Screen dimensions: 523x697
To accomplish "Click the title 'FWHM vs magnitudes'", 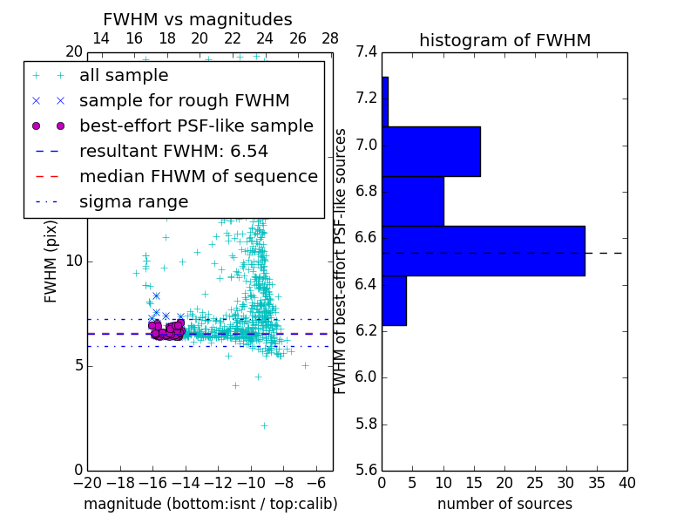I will (198, 19).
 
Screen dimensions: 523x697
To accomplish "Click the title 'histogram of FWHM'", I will (504, 40).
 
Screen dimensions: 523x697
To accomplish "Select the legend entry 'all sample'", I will (124, 76).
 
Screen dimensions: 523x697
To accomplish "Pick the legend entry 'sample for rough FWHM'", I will (184, 101).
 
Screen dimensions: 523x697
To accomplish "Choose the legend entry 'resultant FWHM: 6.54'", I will (173, 151).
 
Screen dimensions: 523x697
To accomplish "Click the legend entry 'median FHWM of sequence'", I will (198, 176).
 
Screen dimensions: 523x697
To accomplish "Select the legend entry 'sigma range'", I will (133, 201).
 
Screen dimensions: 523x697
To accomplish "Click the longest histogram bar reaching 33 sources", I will (483, 251).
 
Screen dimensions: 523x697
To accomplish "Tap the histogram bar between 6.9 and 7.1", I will (431, 152).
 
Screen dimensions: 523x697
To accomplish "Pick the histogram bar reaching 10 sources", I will (413, 201).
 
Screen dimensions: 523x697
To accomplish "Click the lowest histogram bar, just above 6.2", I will (394, 301).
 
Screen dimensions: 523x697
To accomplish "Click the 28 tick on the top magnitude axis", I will (330, 38).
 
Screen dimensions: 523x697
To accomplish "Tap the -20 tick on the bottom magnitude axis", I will (87, 484).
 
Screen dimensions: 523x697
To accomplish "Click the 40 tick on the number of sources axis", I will (626, 484).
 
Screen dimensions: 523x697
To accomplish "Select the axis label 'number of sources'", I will (504, 504).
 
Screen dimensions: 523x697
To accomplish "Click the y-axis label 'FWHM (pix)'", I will (51, 261).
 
